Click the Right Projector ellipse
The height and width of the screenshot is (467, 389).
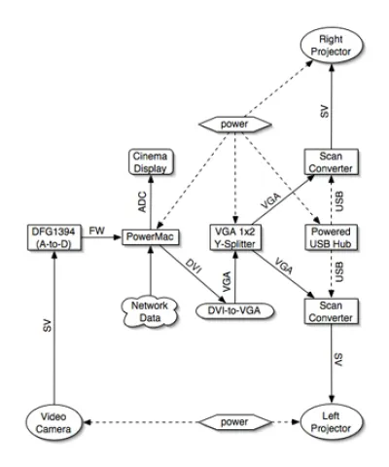[x=331, y=46]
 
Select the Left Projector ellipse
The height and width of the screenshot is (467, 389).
[x=331, y=422]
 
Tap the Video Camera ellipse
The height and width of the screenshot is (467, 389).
[x=53, y=422]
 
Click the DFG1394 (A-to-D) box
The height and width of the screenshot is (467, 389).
[x=53, y=237]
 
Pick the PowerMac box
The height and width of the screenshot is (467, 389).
[x=150, y=237]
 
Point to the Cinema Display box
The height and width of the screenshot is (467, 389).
[x=151, y=162]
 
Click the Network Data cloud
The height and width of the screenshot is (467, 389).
[x=150, y=311]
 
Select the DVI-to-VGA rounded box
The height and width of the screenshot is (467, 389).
[x=234, y=310]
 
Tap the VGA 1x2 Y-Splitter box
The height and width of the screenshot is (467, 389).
[x=235, y=237]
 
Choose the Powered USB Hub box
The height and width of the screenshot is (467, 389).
[x=331, y=237]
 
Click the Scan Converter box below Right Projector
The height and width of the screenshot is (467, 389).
[x=331, y=162]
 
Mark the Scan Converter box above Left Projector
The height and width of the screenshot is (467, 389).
[x=331, y=311]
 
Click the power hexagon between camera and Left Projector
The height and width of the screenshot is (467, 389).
[x=234, y=422]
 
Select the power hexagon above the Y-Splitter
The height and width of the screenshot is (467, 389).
[x=234, y=125]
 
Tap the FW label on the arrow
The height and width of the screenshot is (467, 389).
[x=96, y=231]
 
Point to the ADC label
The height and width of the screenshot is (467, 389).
[x=143, y=202]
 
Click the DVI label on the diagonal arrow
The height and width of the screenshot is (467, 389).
[x=194, y=266]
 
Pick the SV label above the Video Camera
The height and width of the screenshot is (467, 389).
[x=47, y=326]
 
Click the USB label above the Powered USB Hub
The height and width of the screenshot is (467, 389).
[x=339, y=201]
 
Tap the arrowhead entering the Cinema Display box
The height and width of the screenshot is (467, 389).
[x=151, y=178]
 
